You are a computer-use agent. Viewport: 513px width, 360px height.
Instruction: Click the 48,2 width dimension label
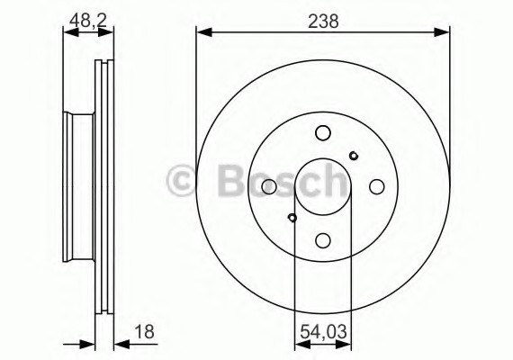pos(88,19)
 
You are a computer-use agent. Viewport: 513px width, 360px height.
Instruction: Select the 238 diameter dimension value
pos(323,20)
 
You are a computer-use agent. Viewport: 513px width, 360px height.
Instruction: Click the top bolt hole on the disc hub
pos(323,133)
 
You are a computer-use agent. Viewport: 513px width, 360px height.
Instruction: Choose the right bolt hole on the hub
pos(377,186)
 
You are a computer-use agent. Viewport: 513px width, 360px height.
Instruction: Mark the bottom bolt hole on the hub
pos(323,240)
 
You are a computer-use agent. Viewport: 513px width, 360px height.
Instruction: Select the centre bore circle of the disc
pos(323,186)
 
